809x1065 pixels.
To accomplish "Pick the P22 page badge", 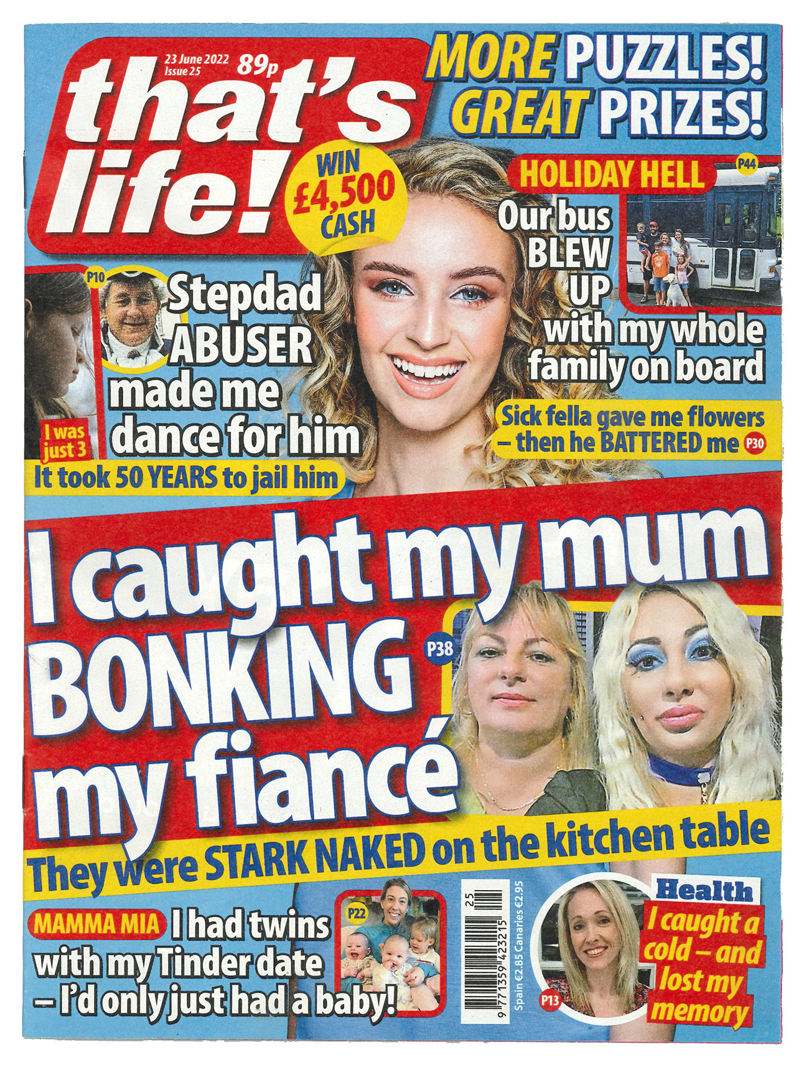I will pos(356,913).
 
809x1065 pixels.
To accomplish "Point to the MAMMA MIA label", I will pos(97,922).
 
